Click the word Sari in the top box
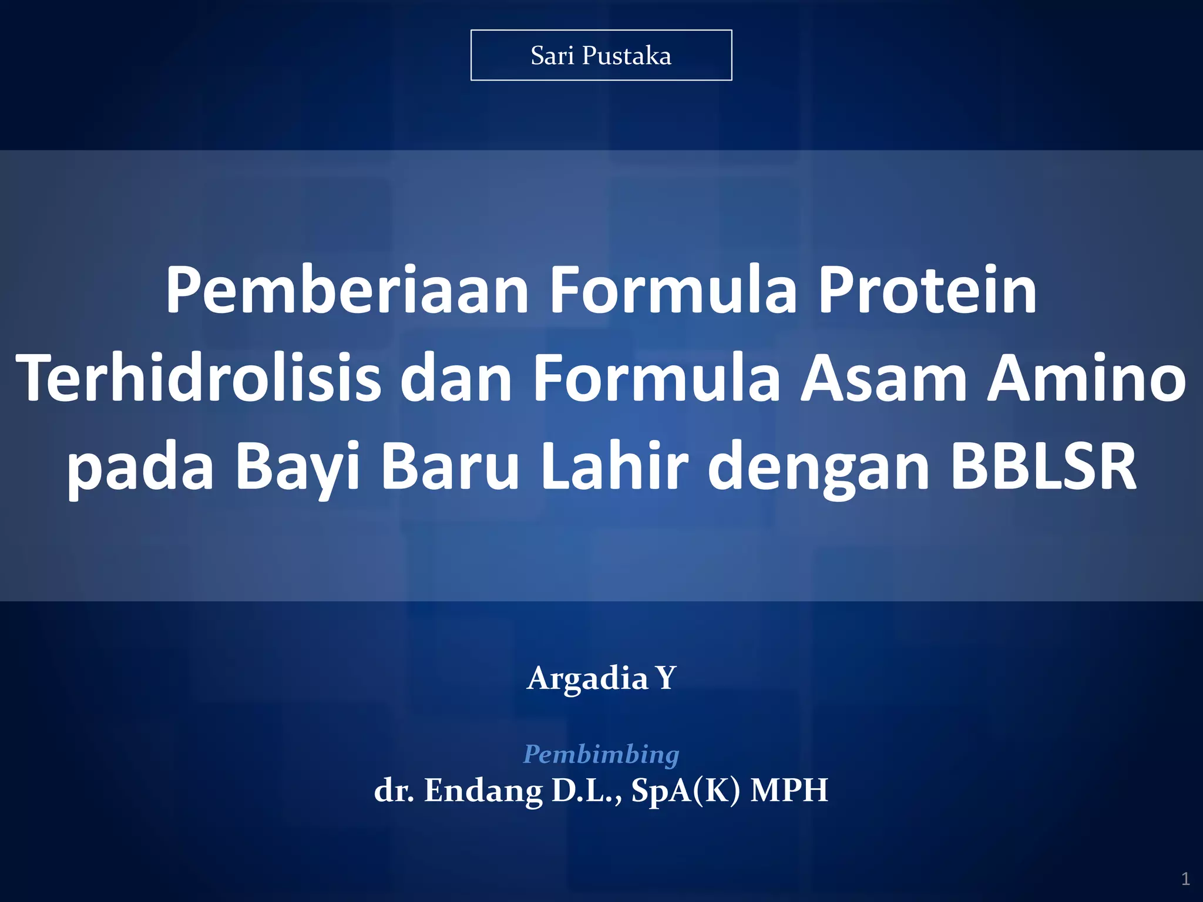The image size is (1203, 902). (552, 56)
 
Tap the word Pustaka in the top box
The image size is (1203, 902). (626, 56)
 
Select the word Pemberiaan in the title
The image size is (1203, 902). (347, 290)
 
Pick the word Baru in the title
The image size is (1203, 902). (450, 467)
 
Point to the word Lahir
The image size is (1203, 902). (614, 467)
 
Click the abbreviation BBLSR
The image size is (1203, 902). (1043, 467)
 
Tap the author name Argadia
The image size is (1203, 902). (587, 679)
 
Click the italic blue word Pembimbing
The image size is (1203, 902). (601, 754)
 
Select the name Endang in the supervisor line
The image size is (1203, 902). (483, 790)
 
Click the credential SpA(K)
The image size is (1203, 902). (685, 790)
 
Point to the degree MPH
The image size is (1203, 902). (789, 790)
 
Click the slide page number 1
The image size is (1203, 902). (1185, 879)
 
